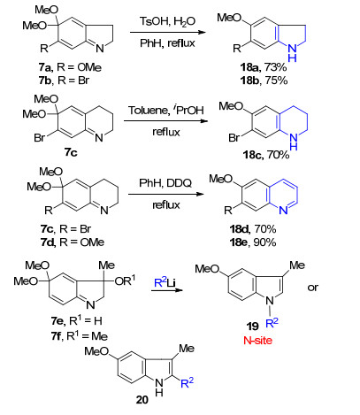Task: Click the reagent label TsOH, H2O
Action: pyautogui.click(x=167, y=22)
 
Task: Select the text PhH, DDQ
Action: pyautogui.click(x=165, y=183)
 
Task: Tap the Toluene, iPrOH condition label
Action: pyautogui.click(x=166, y=110)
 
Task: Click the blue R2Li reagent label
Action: pyautogui.click(x=165, y=282)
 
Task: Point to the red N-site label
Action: pyautogui.click(x=257, y=341)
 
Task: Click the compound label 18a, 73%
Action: pyautogui.click(x=263, y=67)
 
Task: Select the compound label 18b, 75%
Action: pyautogui.click(x=264, y=81)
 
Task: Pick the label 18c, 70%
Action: pyautogui.click(x=266, y=155)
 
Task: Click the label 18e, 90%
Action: pyautogui.click(x=253, y=242)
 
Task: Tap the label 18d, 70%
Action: pyautogui.click(x=253, y=229)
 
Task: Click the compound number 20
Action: pyautogui.click(x=142, y=400)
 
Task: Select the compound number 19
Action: pyautogui.click(x=253, y=327)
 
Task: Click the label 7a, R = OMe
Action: pyautogui.click(x=70, y=67)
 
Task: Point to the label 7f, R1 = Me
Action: pyautogui.click(x=79, y=336)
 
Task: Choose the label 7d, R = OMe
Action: pyautogui.click(x=73, y=242)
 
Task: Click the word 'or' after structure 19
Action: pyautogui.click(x=313, y=287)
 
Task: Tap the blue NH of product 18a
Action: pyautogui.click(x=292, y=53)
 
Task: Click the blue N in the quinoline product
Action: pyautogui.click(x=283, y=210)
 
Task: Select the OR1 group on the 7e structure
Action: pyautogui.click(x=125, y=280)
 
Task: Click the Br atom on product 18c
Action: pyautogui.click(x=234, y=138)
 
